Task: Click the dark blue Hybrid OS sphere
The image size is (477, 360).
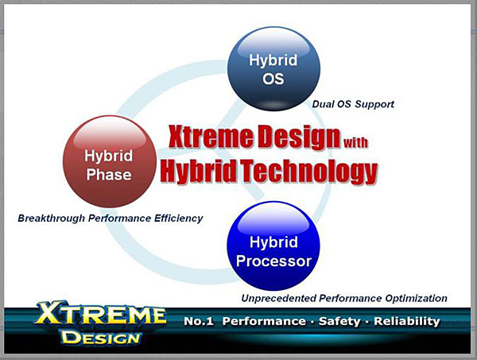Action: [x=273, y=69]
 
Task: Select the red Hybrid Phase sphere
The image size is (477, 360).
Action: [x=109, y=161]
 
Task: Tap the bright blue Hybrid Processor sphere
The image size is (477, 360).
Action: [x=273, y=246]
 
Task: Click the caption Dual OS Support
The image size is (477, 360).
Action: [x=353, y=104]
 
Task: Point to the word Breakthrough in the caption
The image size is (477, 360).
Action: [x=51, y=219]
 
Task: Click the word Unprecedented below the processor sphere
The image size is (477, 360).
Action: [x=279, y=298]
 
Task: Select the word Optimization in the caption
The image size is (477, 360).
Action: [x=416, y=298]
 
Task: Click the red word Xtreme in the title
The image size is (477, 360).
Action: [x=211, y=137]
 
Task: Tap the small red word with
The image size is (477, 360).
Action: [x=355, y=142]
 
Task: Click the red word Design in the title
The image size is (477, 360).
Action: [x=299, y=137]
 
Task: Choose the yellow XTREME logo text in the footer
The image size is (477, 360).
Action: [x=101, y=314]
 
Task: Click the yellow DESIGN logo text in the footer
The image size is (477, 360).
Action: [x=101, y=338]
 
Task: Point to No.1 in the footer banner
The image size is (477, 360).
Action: [x=199, y=321]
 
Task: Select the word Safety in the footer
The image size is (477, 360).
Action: [x=339, y=321]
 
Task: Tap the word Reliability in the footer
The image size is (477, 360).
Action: [x=407, y=321]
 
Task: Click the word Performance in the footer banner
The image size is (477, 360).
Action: [x=265, y=321]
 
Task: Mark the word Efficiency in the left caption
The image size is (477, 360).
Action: [x=179, y=219]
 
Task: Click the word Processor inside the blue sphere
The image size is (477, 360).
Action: [x=273, y=261]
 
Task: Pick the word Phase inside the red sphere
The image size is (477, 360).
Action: [x=109, y=175]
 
